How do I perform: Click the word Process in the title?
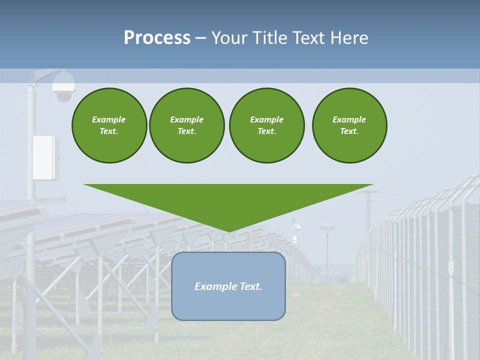tap(157, 38)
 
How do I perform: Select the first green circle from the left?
tap(109, 125)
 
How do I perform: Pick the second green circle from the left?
tap(186, 125)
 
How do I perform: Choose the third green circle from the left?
tap(266, 125)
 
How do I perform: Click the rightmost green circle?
tap(349, 125)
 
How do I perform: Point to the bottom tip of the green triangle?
tap(228, 231)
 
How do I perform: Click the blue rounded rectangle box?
tap(228, 305)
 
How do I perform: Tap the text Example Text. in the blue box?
tap(228, 286)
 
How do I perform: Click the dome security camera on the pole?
tap(63, 87)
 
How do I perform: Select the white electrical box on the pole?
tap(45, 157)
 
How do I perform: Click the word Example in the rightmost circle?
tap(349, 119)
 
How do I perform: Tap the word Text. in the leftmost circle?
tap(109, 131)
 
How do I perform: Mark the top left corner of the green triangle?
tap(84, 184)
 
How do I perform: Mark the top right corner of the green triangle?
tap(373, 184)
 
